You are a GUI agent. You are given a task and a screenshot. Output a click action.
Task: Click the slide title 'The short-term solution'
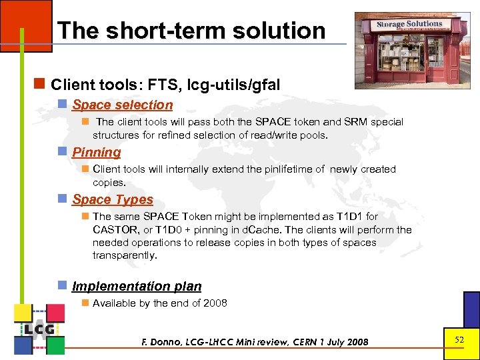coord(191,31)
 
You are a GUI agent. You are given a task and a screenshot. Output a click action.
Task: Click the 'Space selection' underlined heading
coord(122,105)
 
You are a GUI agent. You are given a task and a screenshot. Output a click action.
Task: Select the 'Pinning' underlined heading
coord(97,152)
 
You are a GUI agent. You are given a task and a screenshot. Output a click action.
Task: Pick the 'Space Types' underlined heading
coord(113,199)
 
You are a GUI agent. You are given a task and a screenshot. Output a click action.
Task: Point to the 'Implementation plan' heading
coord(137,286)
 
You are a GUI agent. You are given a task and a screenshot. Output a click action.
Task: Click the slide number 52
coord(459,340)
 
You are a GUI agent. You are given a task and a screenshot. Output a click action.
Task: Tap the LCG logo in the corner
coord(39,329)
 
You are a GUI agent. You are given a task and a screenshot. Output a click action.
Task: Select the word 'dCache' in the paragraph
coord(249,230)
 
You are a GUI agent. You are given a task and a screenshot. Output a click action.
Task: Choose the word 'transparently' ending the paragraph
coord(124,255)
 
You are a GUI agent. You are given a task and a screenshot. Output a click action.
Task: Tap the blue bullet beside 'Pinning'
coord(63,152)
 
